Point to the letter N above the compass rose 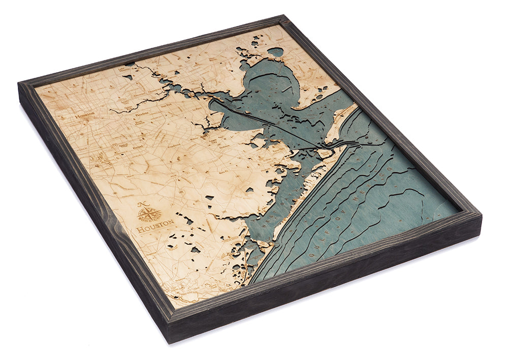pyautogui.click(x=144, y=204)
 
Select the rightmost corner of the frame pyautogui.click(x=480, y=213)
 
